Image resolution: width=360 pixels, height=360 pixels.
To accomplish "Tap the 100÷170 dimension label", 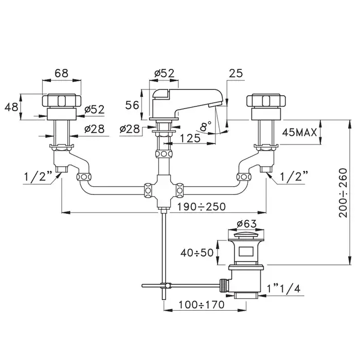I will (x=202, y=304).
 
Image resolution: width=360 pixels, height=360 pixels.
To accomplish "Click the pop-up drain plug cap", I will (x=247, y=238).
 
